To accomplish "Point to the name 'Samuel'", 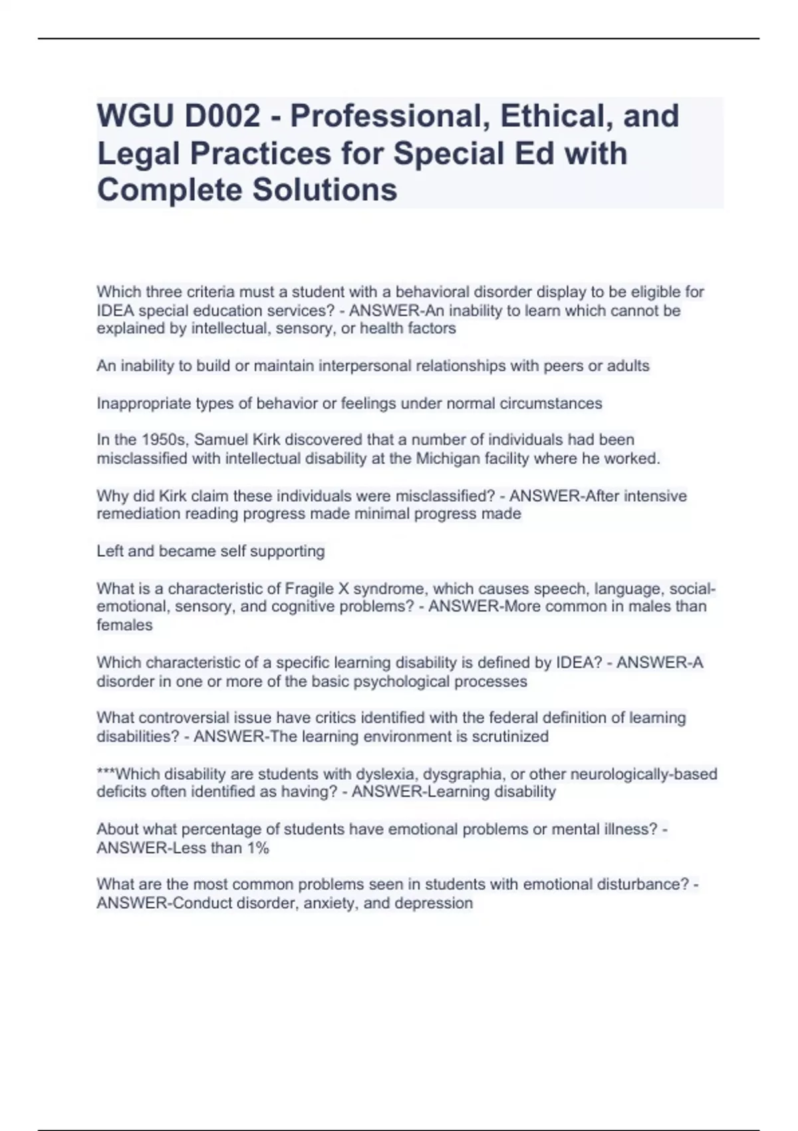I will (223, 440).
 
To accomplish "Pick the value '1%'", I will (257, 848).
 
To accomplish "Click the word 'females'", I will (124, 625).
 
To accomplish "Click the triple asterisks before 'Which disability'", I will (105, 773).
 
